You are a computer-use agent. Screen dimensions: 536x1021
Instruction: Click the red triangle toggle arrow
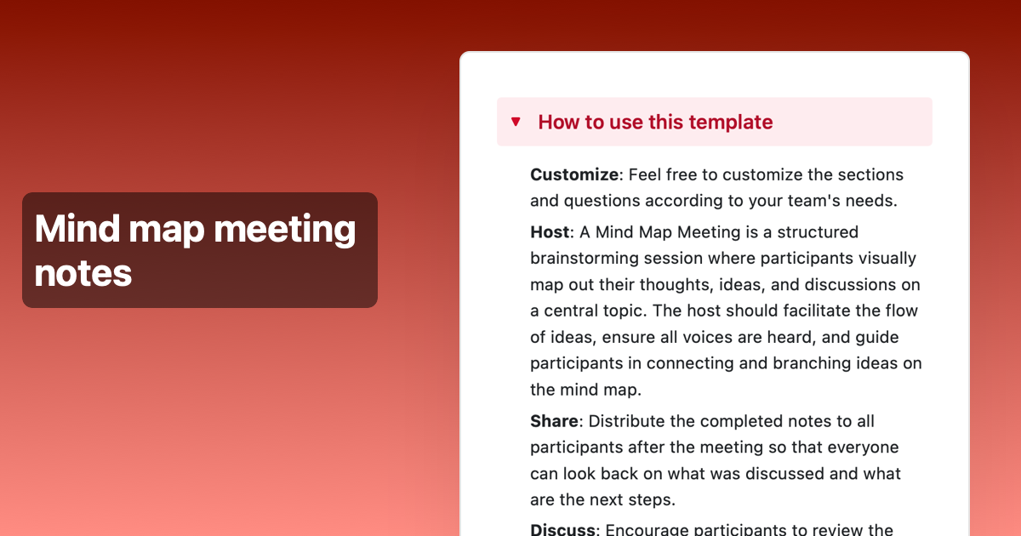[516, 122]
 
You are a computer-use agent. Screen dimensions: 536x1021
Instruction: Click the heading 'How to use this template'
[655, 122]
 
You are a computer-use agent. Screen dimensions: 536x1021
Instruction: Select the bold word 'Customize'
[574, 174]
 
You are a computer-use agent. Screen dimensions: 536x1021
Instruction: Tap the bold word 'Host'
[550, 231]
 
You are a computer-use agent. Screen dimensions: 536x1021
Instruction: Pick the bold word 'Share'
[554, 421]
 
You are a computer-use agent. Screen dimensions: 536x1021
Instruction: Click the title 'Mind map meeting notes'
[196, 250]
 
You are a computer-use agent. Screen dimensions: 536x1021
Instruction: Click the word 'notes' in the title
[83, 272]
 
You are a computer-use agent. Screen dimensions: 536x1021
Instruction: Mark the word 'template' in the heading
[730, 122]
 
